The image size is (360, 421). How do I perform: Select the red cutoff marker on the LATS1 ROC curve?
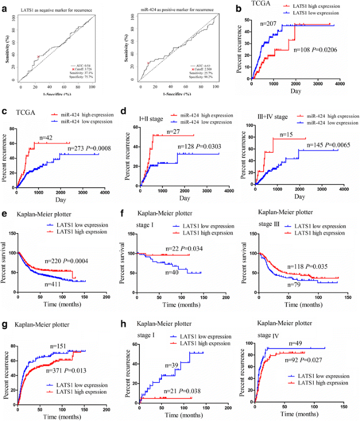coord(38,57)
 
